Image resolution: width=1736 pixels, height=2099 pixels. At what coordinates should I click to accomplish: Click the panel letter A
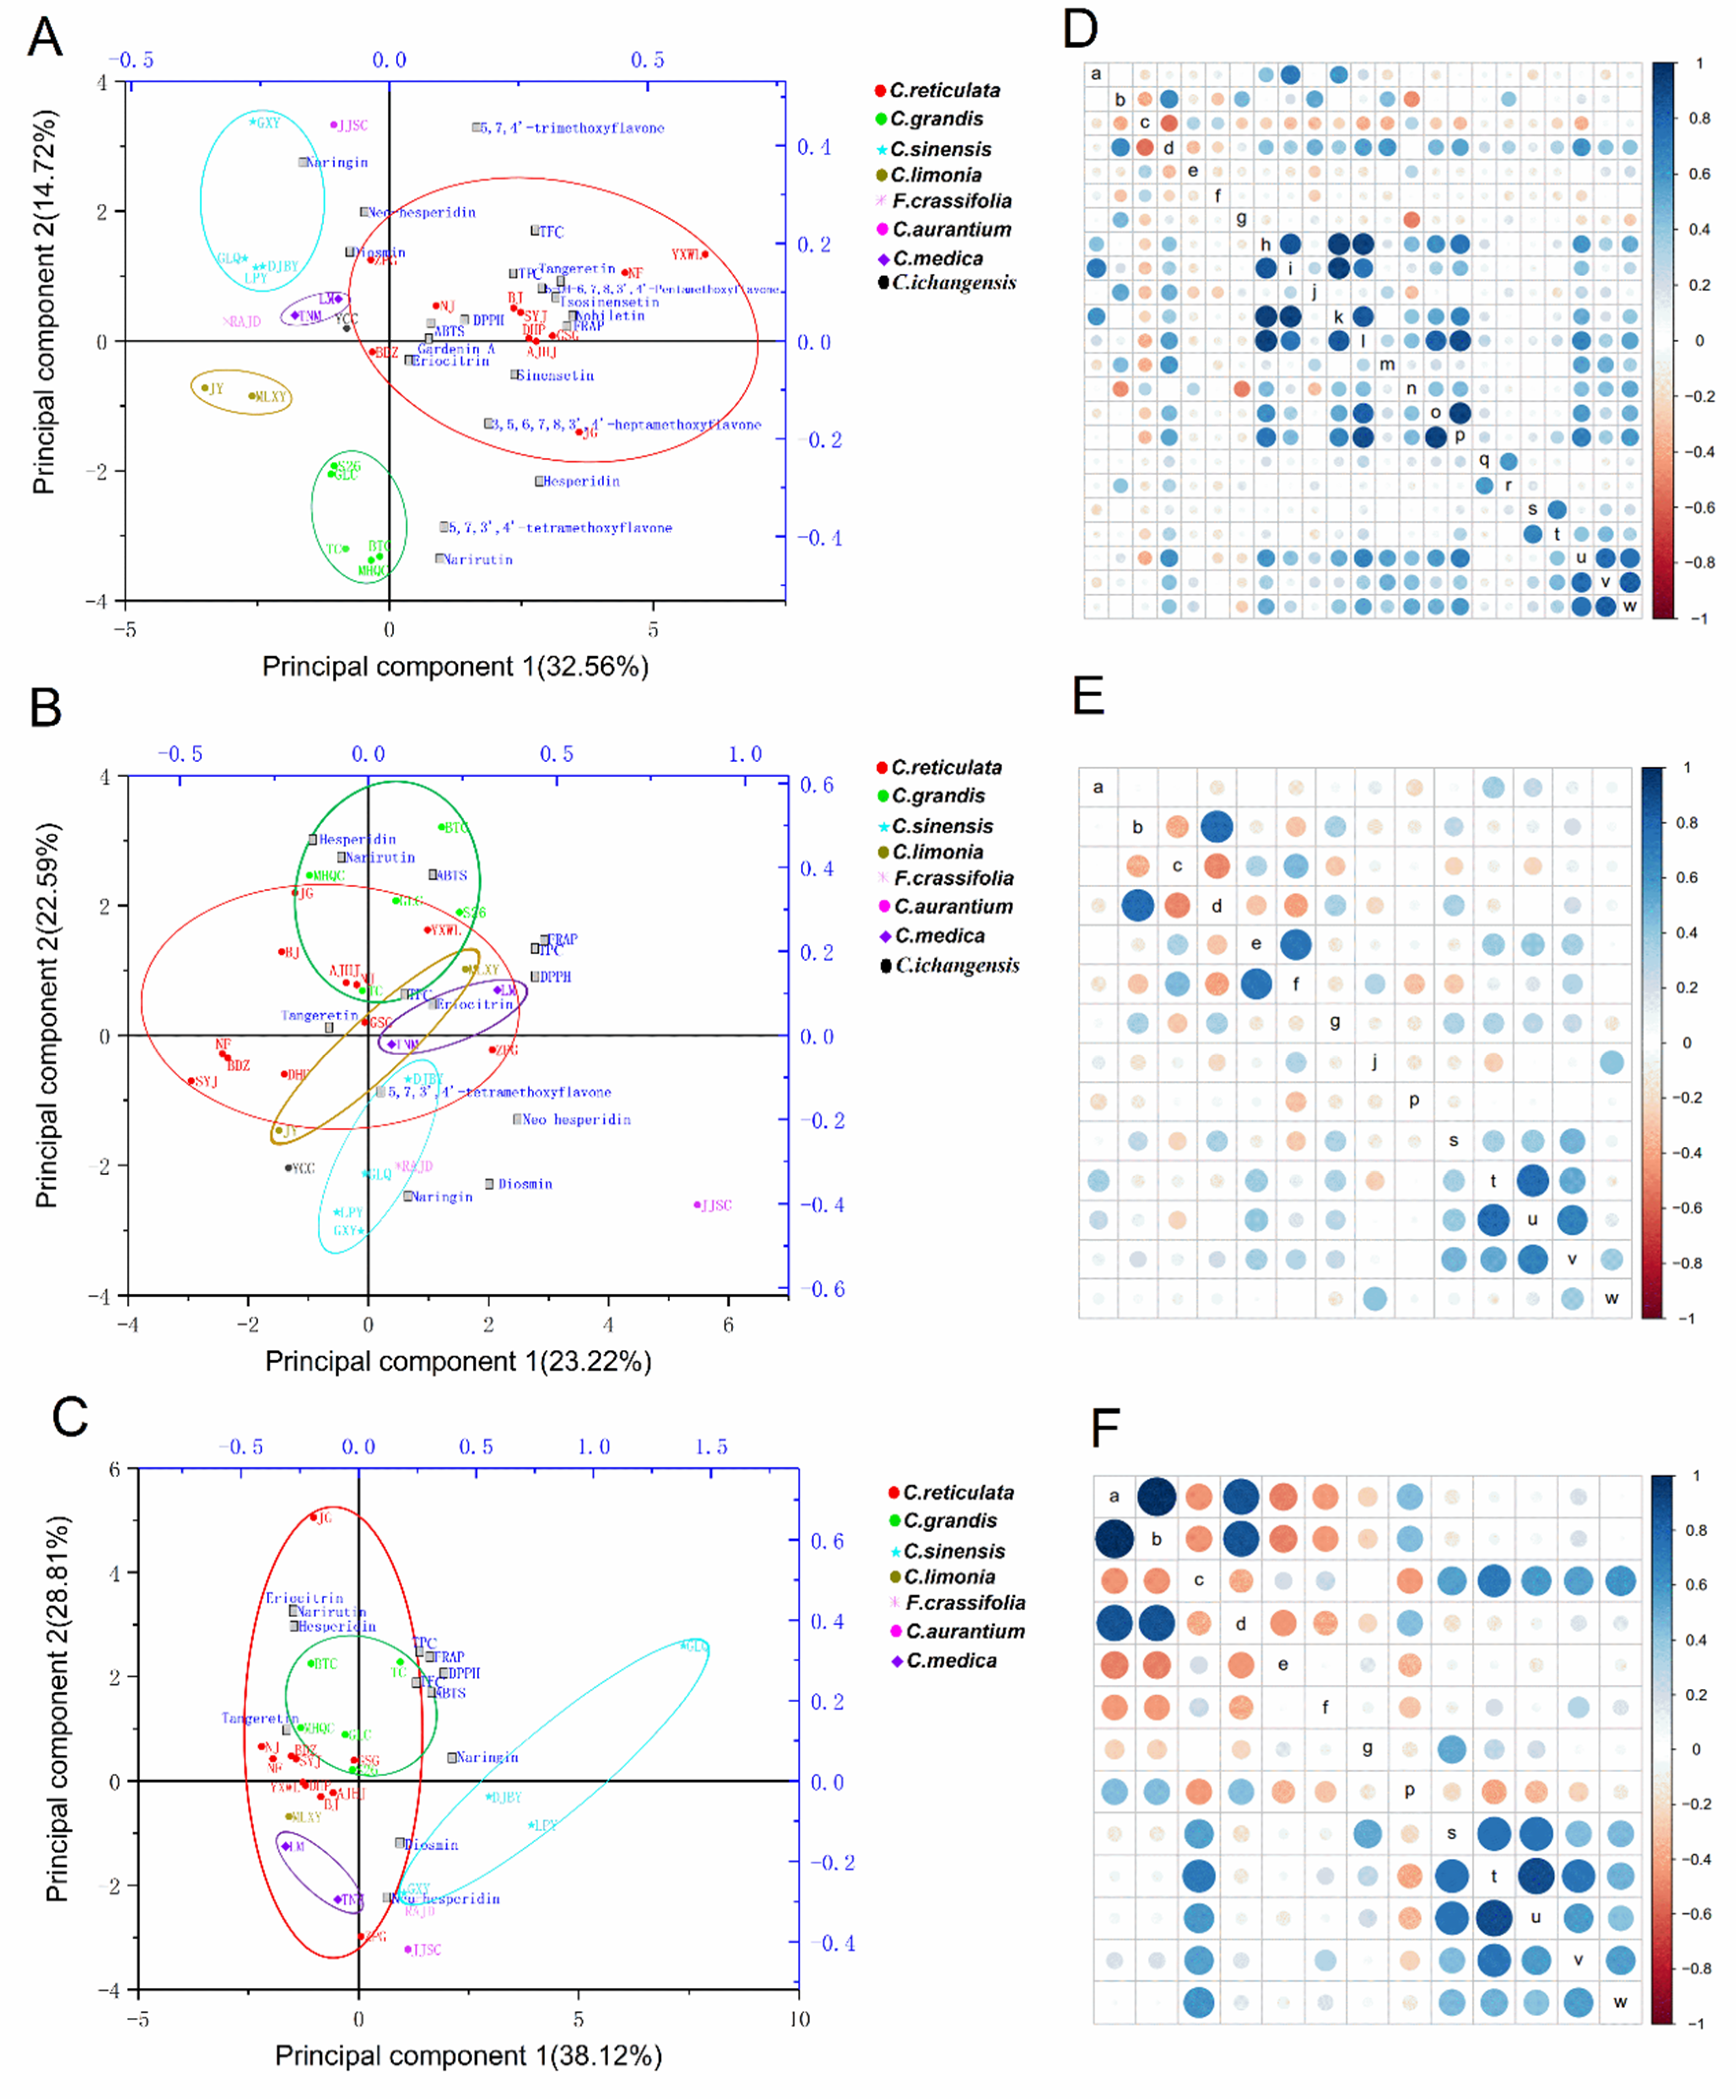pos(45,38)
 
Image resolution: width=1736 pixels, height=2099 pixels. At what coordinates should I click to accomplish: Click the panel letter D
pos(1080,28)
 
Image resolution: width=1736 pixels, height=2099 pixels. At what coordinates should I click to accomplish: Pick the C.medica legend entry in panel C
pos(950,1660)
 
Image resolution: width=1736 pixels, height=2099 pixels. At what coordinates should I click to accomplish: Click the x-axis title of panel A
pos(455,667)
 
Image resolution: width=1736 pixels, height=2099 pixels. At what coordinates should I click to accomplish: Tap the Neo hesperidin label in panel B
pos(576,1120)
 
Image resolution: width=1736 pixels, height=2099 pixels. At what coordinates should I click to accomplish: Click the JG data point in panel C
pos(314,1518)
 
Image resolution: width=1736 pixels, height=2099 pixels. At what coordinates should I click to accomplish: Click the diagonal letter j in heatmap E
pos(1374,1062)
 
